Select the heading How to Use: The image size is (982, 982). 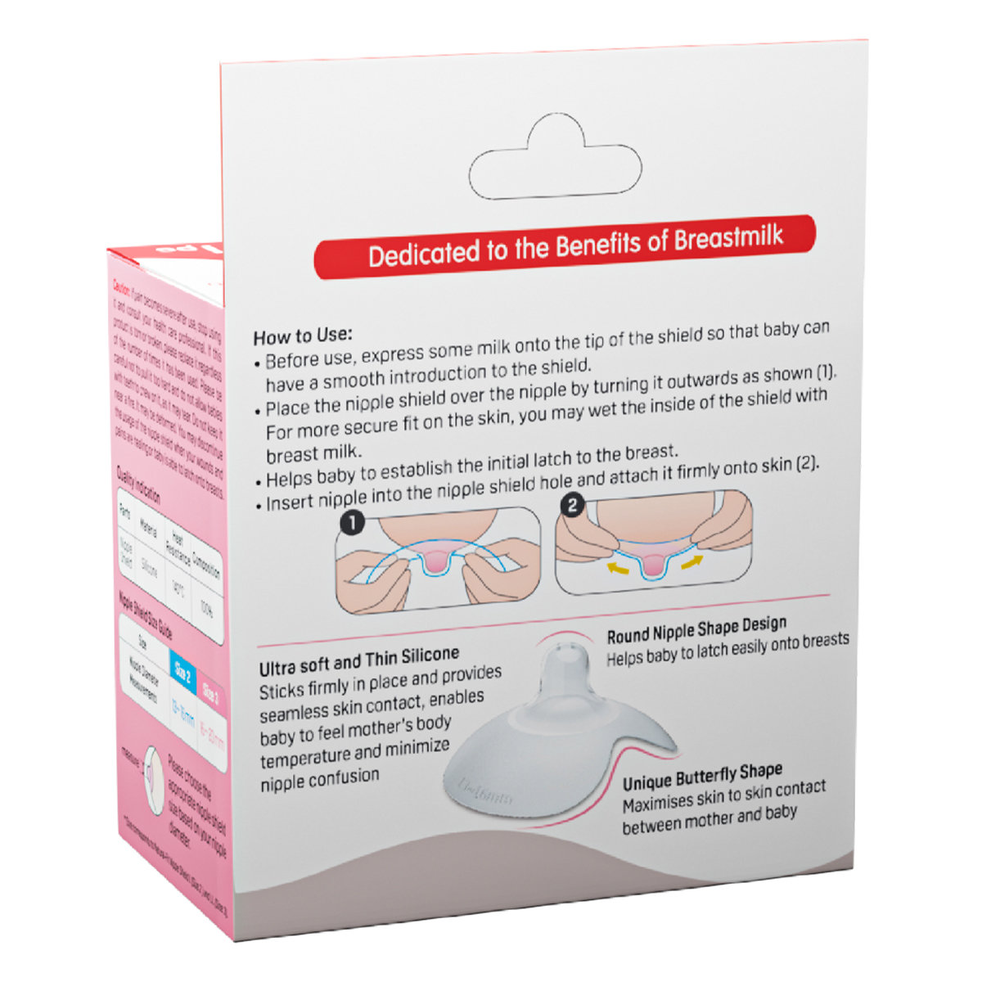[302, 336]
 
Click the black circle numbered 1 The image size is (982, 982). [352, 522]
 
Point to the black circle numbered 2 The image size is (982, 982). [572, 506]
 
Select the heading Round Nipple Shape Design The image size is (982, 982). [696, 630]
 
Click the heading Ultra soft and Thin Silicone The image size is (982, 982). [358, 659]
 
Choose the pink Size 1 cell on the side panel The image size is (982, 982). [209, 691]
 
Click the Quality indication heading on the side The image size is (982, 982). [138, 484]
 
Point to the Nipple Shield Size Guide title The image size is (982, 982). [145, 616]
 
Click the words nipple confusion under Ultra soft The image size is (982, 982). [319, 781]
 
